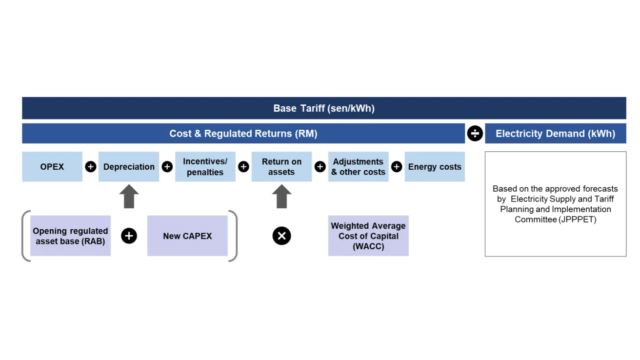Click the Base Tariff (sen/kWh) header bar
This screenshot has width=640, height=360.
pos(323,108)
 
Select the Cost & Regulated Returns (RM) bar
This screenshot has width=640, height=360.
pos(243,134)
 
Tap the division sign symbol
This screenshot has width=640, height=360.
pos(475,134)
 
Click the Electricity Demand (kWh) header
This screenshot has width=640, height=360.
pos(555,134)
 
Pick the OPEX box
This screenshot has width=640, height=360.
pos(52,166)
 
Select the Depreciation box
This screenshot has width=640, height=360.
pos(129,166)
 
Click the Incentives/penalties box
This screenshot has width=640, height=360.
pos(205,166)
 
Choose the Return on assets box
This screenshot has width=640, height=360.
pos(281,166)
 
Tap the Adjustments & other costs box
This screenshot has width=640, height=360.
pos(359,166)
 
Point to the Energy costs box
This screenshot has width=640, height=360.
pos(435,166)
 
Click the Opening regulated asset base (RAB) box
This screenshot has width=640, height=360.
pos(70,236)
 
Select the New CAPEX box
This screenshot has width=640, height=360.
pos(187,236)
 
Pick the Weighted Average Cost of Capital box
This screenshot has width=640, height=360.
pos(368,236)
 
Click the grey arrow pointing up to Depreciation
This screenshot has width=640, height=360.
pos(129,198)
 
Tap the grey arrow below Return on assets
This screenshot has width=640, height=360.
pos(281,198)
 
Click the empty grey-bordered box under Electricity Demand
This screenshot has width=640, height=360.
pos(556,205)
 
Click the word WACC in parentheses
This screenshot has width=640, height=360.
pos(368,246)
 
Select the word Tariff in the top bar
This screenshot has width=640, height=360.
pos(312,108)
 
